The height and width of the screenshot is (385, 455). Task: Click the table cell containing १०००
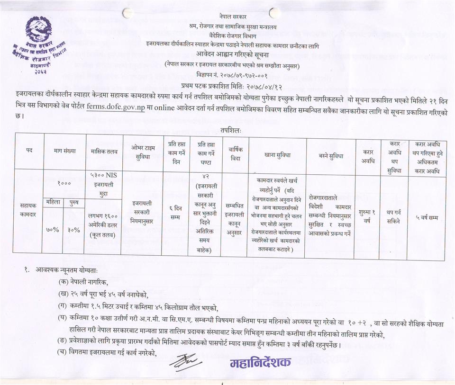(x=64, y=182)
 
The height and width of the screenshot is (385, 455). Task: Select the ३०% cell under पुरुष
(x=73, y=230)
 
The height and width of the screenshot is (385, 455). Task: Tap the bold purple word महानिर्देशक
(x=260, y=363)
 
